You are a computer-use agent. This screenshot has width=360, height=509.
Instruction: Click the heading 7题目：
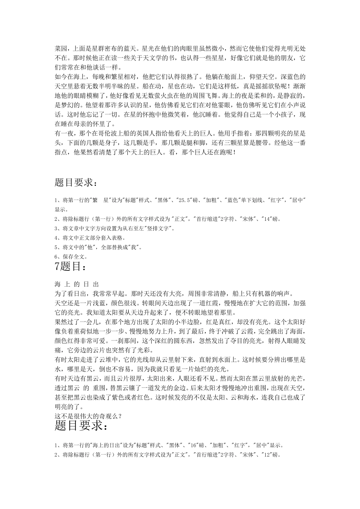point(71,267)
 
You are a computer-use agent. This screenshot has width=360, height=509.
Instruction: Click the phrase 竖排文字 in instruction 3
point(159,228)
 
